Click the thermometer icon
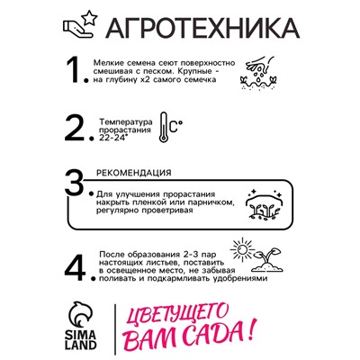(x=166, y=127)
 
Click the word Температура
(x=125, y=119)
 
